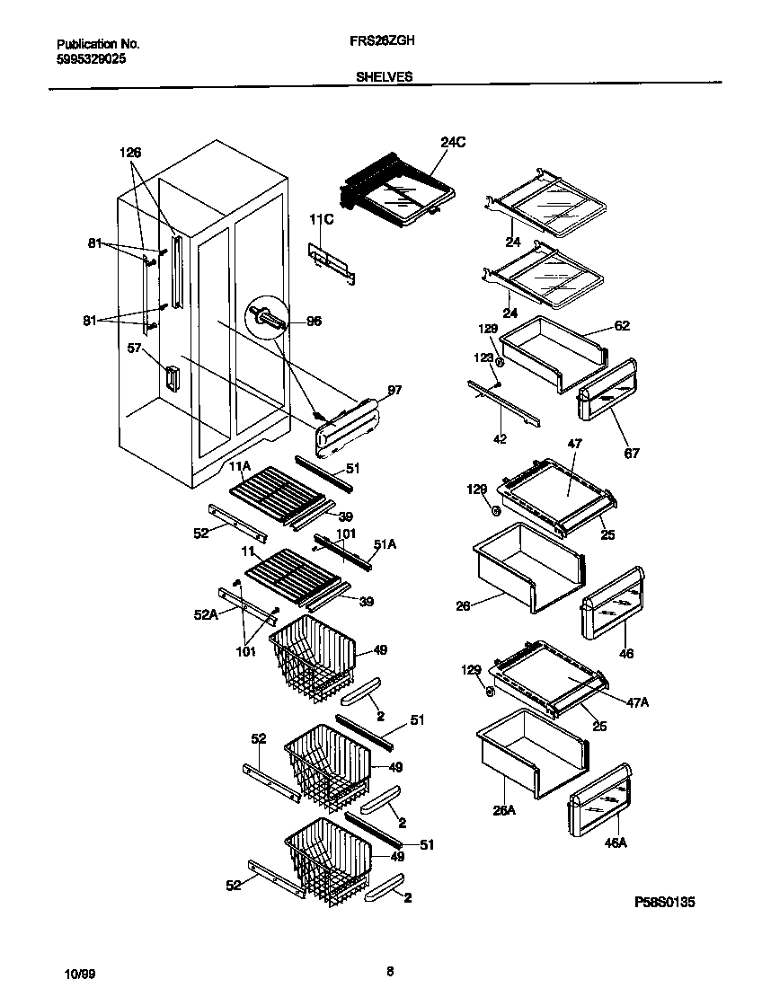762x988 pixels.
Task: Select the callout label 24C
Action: pyautogui.click(x=453, y=142)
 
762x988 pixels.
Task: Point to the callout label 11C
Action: pyautogui.click(x=322, y=219)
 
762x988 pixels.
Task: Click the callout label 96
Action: pyautogui.click(x=314, y=322)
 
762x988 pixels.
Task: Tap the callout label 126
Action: pyautogui.click(x=131, y=153)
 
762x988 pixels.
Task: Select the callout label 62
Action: pyautogui.click(x=622, y=326)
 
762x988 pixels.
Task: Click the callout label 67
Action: pyautogui.click(x=632, y=453)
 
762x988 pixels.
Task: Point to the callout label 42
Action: pyautogui.click(x=501, y=440)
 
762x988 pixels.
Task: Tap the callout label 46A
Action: pyautogui.click(x=615, y=843)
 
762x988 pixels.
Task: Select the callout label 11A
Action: pyautogui.click(x=238, y=466)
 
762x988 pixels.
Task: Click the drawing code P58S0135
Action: pyautogui.click(x=665, y=901)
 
